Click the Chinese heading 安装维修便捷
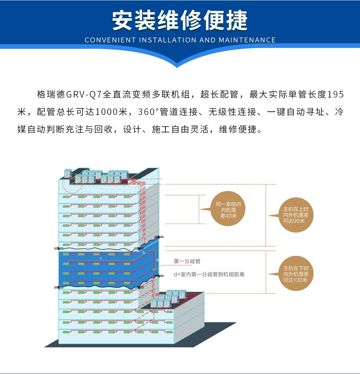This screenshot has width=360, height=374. (x=180, y=20)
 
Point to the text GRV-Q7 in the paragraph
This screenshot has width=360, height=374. (x=84, y=95)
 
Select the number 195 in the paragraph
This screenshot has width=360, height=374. (x=335, y=95)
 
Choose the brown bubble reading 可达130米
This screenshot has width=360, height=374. (x=296, y=274)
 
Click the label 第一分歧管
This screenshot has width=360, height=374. (x=187, y=261)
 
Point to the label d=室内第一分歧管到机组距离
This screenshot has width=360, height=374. (x=209, y=274)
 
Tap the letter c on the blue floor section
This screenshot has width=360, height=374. (x=101, y=258)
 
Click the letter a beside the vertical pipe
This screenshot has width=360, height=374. (x=157, y=260)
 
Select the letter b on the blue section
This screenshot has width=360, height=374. (x=144, y=252)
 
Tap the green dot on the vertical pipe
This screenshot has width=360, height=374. (x=154, y=270)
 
